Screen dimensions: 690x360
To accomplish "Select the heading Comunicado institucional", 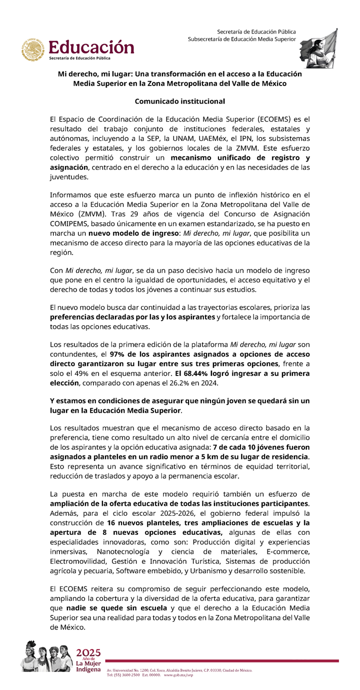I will pos(180,101).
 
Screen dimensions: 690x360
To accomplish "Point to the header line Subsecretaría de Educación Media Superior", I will pos(242,39).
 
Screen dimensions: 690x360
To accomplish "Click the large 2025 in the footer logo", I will pos(88,652).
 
